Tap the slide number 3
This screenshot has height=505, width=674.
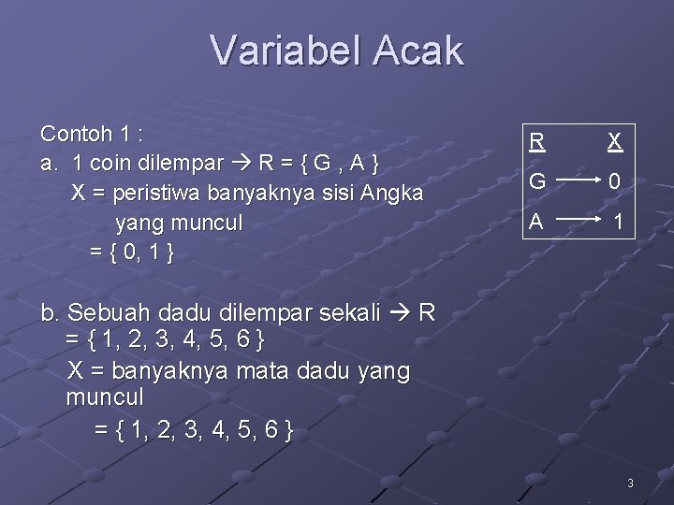pos(630,483)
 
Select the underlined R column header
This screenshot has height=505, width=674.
pos(536,142)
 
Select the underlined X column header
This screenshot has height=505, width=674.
pos(614,142)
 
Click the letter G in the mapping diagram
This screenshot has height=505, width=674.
pos(537,182)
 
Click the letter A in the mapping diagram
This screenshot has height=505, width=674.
pos(536,223)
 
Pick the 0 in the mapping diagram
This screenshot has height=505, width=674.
pos(614,183)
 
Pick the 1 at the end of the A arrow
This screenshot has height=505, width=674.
pos(617,224)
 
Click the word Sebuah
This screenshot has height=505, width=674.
pos(110,311)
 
